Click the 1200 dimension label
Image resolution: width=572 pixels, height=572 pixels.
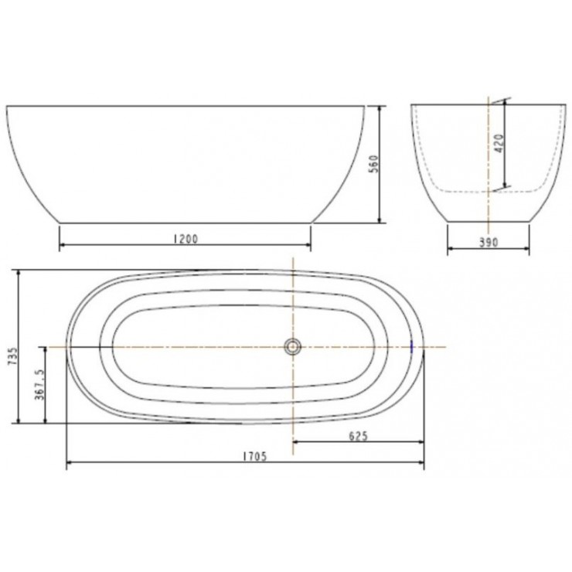[186, 239]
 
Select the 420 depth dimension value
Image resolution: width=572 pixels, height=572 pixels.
[499, 144]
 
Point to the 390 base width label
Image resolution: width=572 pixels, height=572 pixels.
[488, 242]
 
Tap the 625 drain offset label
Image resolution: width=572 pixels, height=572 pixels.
[357, 435]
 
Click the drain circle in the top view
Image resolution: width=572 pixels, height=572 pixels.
[293, 347]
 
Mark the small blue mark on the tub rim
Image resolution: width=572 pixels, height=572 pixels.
[412, 347]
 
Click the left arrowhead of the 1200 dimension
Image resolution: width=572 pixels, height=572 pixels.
[63, 247]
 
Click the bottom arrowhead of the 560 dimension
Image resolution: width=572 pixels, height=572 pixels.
[380, 220]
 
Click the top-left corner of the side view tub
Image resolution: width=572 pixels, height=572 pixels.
[8, 106]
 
